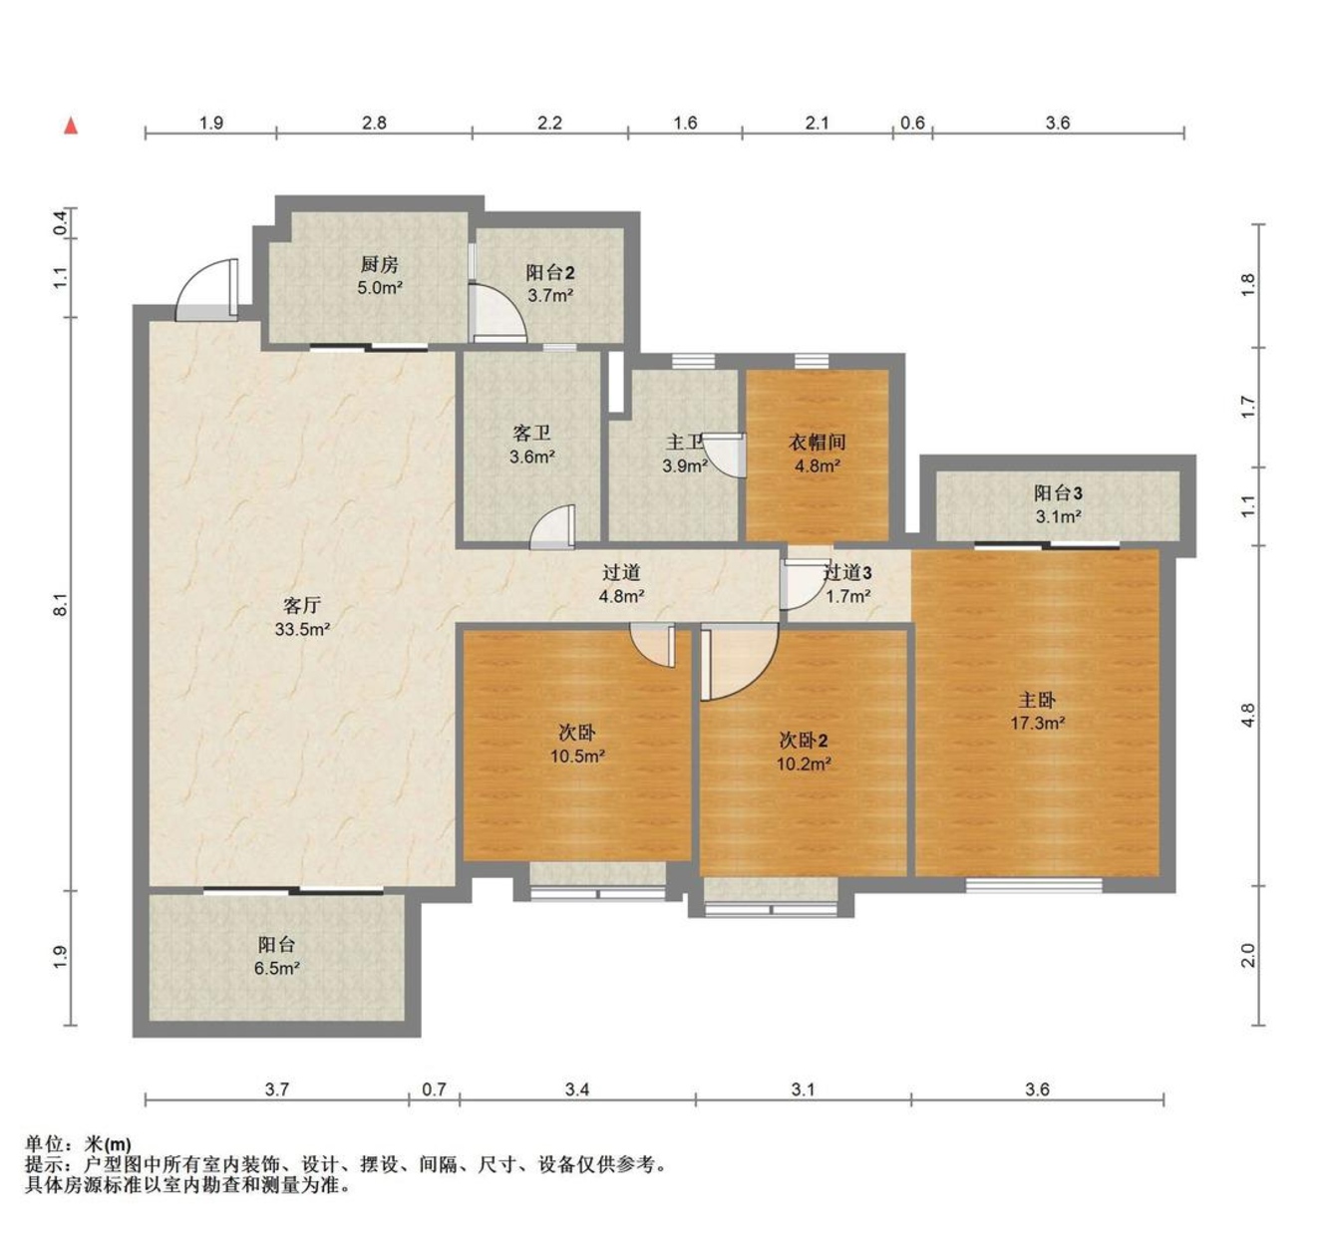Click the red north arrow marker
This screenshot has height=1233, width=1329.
[70, 126]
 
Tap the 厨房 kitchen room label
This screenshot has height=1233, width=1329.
[380, 265]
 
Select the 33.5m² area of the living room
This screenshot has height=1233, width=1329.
[302, 629]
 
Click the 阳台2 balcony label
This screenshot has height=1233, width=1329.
[550, 272]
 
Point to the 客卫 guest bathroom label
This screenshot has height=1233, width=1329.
[532, 434]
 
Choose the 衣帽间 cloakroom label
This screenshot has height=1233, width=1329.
[818, 442]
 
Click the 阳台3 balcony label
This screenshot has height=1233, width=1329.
[1058, 493]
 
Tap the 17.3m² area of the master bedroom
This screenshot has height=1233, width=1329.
[1037, 724]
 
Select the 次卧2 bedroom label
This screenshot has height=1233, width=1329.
[804, 741]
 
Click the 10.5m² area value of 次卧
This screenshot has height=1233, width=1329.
[577, 757]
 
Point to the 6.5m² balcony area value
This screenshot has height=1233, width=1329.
[276, 968]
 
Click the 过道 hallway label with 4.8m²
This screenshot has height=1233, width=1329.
[622, 573]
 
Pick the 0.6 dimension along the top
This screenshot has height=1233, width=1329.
[912, 123]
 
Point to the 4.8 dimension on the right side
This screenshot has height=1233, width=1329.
[1248, 716]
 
